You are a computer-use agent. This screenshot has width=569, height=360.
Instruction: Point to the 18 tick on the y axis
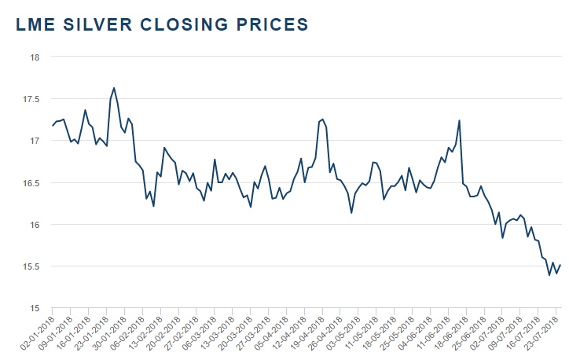(x=34, y=57)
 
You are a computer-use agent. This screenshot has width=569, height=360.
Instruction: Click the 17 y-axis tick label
(x=34, y=141)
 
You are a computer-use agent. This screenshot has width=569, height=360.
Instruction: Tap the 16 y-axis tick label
(x=34, y=225)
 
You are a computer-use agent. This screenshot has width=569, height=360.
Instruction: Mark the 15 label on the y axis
(x=34, y=308)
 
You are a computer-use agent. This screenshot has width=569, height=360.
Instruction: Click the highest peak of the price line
(x=114, y=88)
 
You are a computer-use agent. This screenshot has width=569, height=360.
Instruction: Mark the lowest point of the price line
(x=549, y=275)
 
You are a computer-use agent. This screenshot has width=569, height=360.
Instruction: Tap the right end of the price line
(x=560, y=265)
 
